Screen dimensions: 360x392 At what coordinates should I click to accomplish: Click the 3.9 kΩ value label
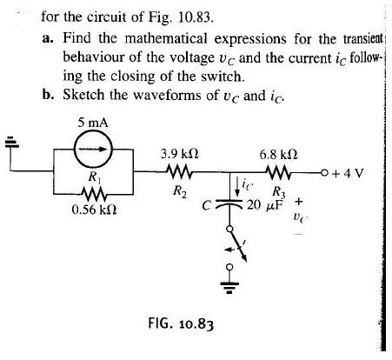click(180, 153)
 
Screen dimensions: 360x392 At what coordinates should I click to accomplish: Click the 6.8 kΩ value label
click(279, 153)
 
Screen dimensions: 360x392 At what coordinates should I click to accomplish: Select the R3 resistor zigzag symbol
click(280, 171)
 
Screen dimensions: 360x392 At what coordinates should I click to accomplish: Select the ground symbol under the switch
click(231, 284)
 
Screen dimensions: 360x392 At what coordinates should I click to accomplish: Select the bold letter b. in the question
click(47, 94)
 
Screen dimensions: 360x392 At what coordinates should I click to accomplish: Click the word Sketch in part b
click(83, 94)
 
